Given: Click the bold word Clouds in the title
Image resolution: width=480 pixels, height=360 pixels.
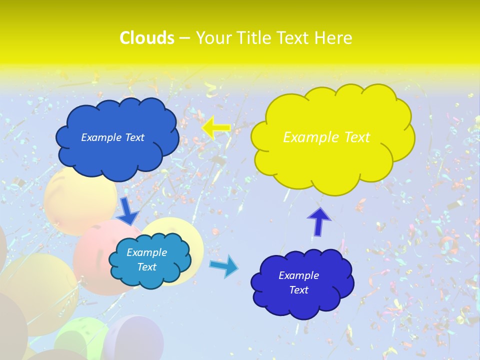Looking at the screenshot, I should coord(147,38).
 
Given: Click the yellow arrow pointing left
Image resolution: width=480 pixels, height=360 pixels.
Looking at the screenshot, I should coord(216,128).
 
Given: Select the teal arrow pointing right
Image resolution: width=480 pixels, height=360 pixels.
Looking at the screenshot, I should coord(224,266).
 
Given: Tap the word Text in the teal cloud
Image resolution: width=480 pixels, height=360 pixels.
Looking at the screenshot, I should coord(146,267).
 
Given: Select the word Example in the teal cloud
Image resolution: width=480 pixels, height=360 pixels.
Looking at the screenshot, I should coord(146,252).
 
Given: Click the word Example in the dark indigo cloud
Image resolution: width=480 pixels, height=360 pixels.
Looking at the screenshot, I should coord(298,275).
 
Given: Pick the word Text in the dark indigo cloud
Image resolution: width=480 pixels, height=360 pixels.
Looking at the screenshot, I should coord(298,290).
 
